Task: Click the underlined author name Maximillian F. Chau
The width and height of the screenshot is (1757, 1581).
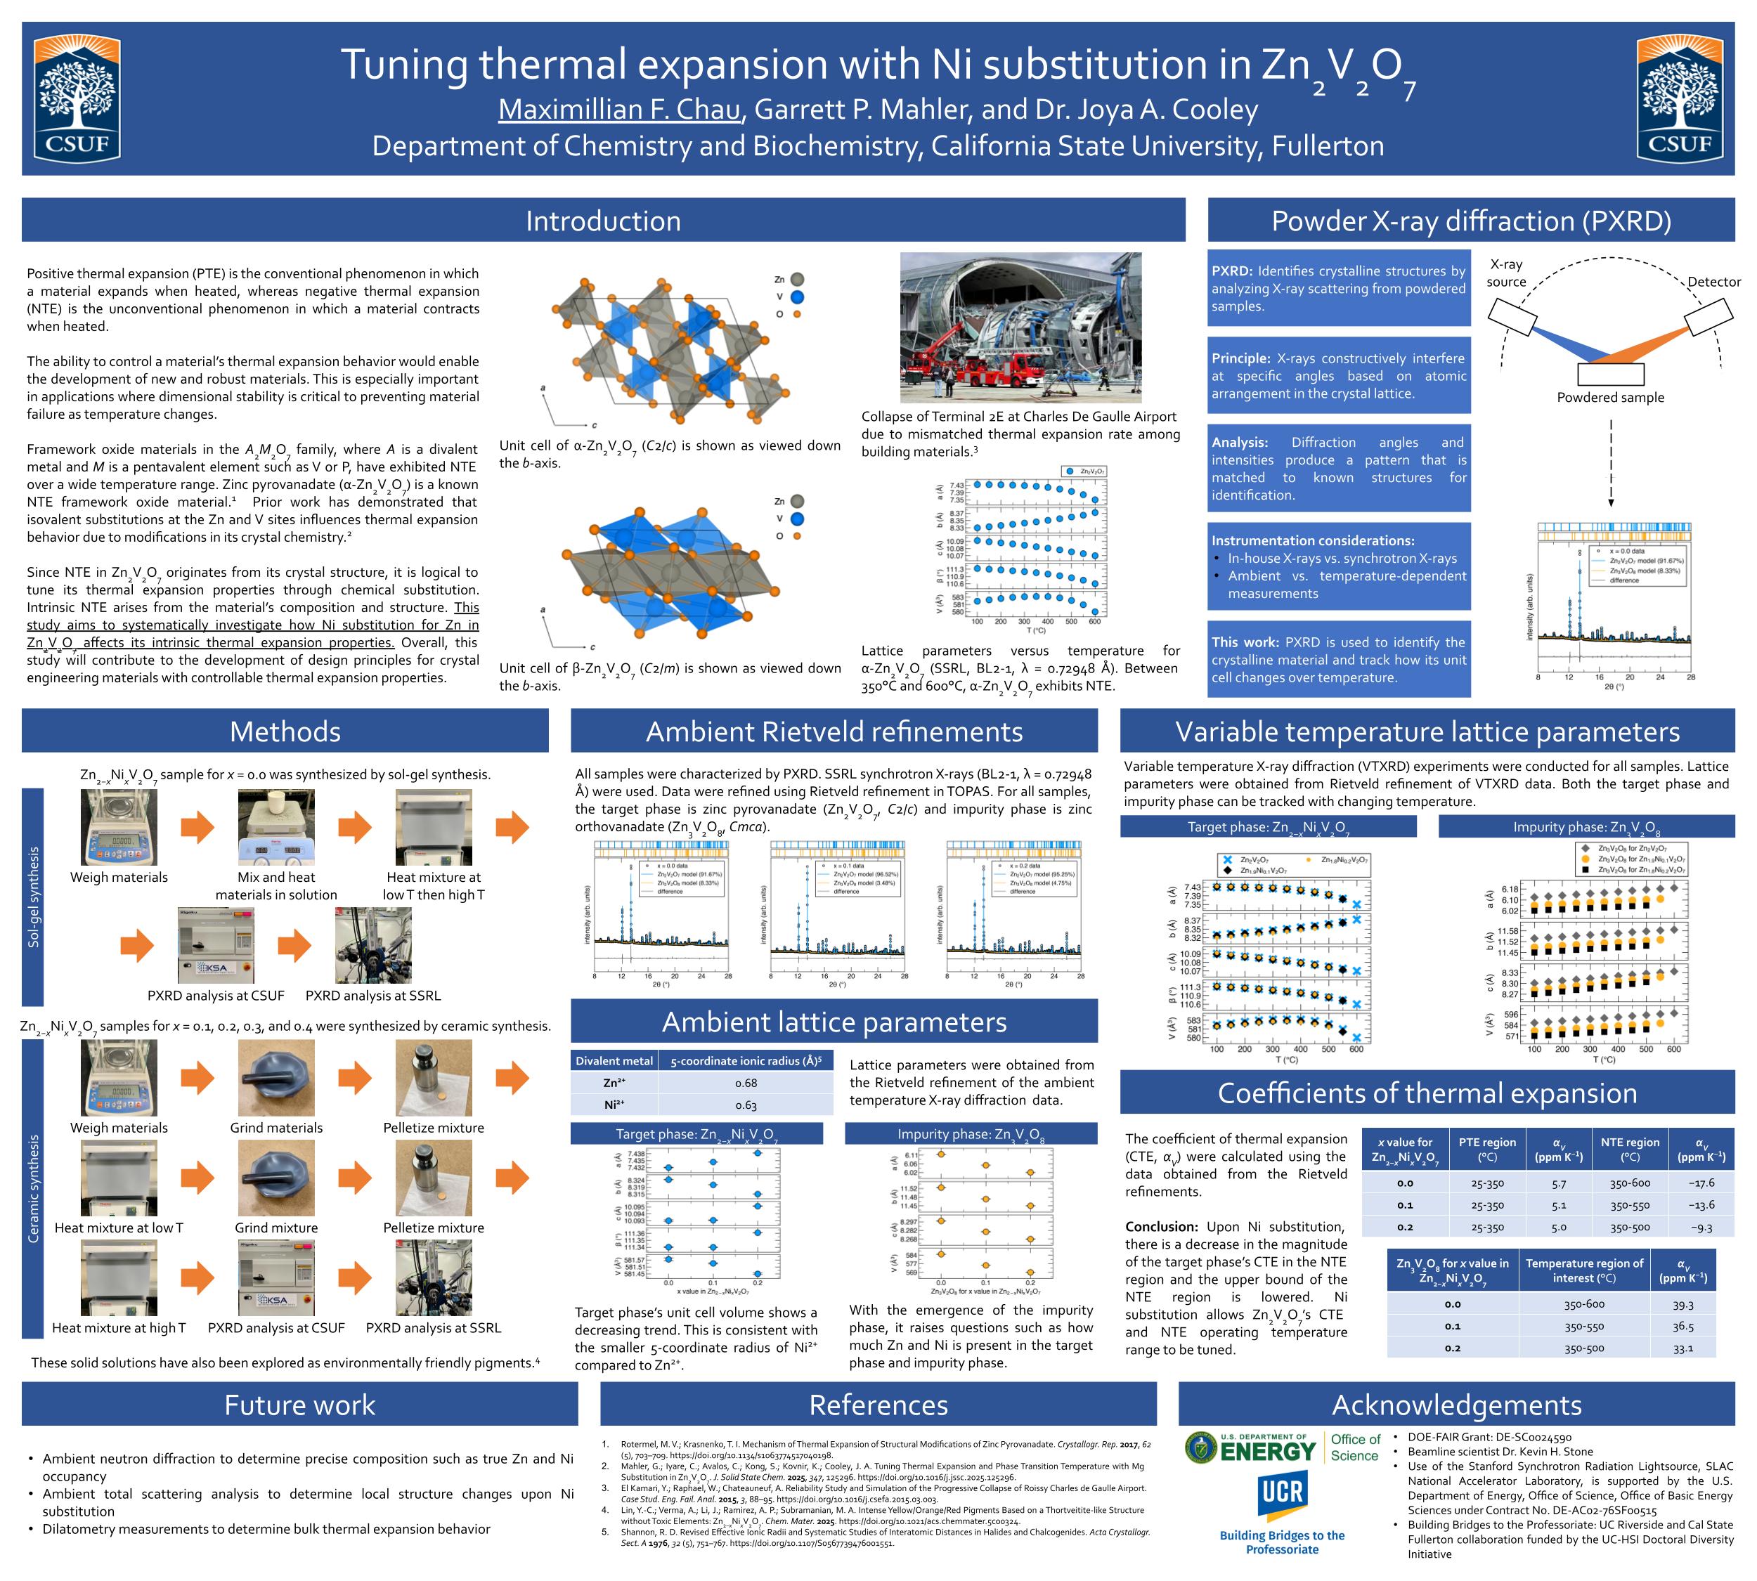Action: tap(621, 110)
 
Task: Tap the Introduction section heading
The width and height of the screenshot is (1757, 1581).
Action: tap(603, 221)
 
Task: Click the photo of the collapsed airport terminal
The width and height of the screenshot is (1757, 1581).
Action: tap(1020, 327)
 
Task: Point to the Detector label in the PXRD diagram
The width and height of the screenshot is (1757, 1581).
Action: tap(1713, 282)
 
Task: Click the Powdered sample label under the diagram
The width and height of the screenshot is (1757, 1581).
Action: tap(1610, 398)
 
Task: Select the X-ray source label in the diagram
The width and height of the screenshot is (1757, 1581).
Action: tap(1506, 273)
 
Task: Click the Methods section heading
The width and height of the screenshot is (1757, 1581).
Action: tap(285, 731)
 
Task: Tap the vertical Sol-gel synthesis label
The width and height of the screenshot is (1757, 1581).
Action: tap(33, 897)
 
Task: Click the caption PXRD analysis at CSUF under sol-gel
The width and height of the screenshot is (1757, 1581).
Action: tap(216, 996)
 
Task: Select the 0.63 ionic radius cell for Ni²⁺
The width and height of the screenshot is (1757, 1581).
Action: tap(746, 1105)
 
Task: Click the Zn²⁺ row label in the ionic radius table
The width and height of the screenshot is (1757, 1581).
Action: tap(614, 1084)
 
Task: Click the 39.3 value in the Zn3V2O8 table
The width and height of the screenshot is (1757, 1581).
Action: tap(1683, 1304)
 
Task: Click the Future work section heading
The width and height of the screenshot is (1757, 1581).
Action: tap(300, 1405)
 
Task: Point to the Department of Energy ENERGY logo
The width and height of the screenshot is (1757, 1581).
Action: tap(1252, 1448)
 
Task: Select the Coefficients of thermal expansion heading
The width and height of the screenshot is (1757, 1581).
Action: tap(1427, 1093)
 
